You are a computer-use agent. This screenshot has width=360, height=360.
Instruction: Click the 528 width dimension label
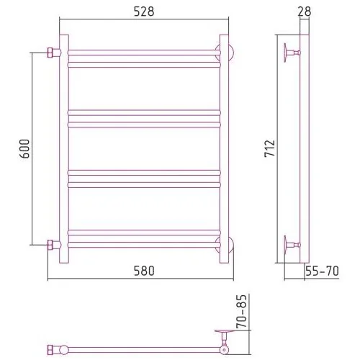tap(144, 12)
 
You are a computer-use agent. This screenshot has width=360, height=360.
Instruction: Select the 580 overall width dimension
tap(144, 271)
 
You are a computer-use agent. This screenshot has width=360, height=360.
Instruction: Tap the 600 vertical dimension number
tap(24, 148)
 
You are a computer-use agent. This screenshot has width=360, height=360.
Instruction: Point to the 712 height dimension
tap(270, 148)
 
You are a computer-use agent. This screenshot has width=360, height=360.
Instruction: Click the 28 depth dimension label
tap(305, 12)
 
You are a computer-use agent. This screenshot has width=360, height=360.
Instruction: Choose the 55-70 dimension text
tap(322, 271)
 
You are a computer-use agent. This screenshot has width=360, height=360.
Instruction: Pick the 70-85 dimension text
tap(241, 311)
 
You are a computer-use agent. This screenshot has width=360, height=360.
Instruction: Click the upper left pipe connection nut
tap(50, 53)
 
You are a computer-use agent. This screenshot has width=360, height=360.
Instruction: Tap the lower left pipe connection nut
tap(50, 245)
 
